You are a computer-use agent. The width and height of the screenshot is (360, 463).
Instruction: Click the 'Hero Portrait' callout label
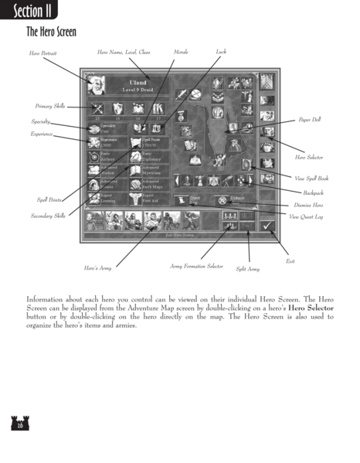pos(43,54)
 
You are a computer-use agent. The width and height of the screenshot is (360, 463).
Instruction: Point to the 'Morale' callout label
pos(180,52)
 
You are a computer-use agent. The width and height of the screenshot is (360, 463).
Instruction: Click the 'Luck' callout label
pos(222,52)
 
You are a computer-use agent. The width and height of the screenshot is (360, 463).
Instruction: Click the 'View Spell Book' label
pos(312,179)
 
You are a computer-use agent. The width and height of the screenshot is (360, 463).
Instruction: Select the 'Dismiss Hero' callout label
pos(311,205)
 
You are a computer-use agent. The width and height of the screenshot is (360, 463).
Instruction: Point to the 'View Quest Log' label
pos(310,218)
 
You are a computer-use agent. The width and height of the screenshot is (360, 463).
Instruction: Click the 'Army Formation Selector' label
pos(195,265)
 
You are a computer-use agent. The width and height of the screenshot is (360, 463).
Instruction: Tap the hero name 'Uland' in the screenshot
pos(127,83)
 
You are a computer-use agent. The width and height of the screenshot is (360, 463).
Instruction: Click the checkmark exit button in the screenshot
pos(268,224)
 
